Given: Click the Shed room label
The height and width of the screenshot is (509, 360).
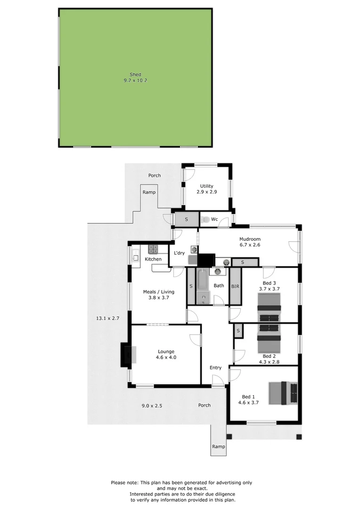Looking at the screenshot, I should coord(135,74).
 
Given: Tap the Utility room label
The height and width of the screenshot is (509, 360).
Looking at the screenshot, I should coord(206,186).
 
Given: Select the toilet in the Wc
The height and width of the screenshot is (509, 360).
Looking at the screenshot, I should coord(206,219).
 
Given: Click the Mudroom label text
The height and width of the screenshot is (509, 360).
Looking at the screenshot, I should coord(250,239).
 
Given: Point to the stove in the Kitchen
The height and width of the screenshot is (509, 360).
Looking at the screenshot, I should coord(153,249).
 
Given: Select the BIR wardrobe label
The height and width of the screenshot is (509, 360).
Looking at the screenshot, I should coord(235,286).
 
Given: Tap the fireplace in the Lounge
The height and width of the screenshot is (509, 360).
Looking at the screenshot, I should coord(126,354).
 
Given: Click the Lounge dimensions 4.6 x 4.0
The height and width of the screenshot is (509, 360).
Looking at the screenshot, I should coord(166,357).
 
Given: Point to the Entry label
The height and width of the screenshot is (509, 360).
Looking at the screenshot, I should coord(215,368).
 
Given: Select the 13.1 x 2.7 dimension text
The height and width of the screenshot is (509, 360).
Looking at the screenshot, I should coord(108,319).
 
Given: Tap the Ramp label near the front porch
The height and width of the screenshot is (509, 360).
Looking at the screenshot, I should coord(218,447).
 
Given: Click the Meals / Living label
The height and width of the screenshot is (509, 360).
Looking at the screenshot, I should coord(155,292).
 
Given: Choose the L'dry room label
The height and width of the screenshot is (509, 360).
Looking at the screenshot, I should coord(179,253).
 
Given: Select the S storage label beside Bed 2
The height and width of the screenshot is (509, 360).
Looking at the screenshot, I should coord(238,331).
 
